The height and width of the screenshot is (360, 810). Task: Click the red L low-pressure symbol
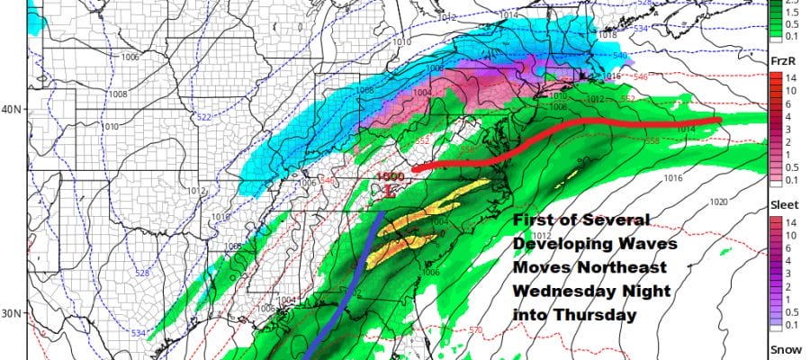click(388, 191)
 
